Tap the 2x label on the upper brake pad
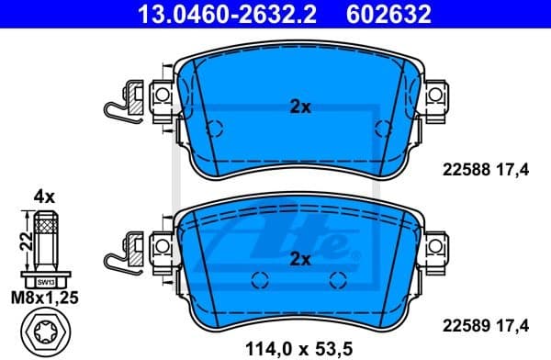300,107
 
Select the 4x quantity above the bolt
45,197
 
